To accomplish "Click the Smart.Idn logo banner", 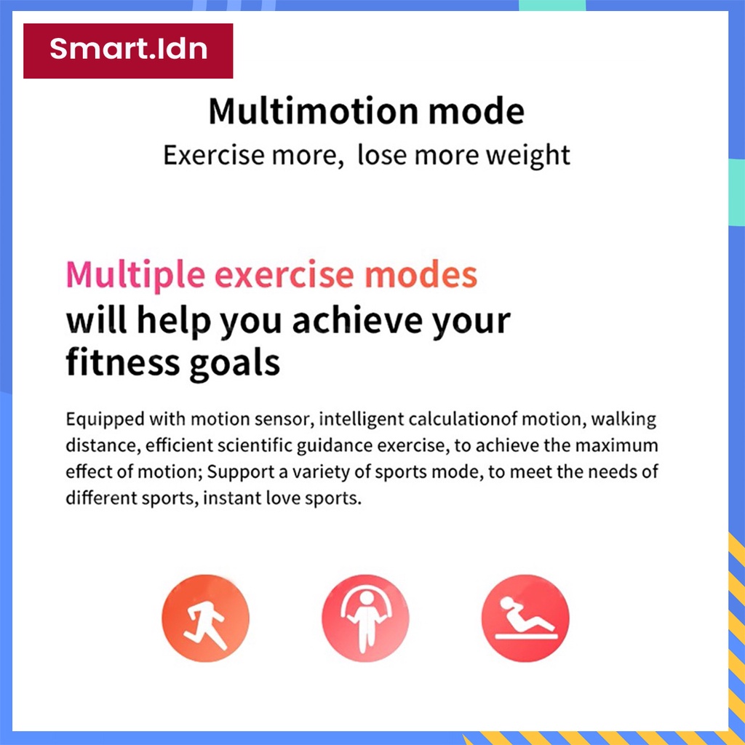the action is click(x=128, y=51).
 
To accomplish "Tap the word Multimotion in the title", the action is click(x=314, y=111).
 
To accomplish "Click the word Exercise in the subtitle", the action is click(x=214, y=155).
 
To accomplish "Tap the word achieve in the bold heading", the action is click(x=356, y=320).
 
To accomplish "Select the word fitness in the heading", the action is click(x=122, y=362).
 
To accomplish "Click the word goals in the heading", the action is click(x=234, y=364).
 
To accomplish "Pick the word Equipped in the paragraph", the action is click(x=105, y=420).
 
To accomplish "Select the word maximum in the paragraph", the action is click(x=617, y=446).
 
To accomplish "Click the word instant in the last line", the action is click(x=232, y=498).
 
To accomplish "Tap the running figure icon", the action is click(x=205, y=618).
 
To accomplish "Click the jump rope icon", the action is click(x=365, y=618).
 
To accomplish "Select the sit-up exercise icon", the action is click(x=525, y=618).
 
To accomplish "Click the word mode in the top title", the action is click(x=476, y=111).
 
